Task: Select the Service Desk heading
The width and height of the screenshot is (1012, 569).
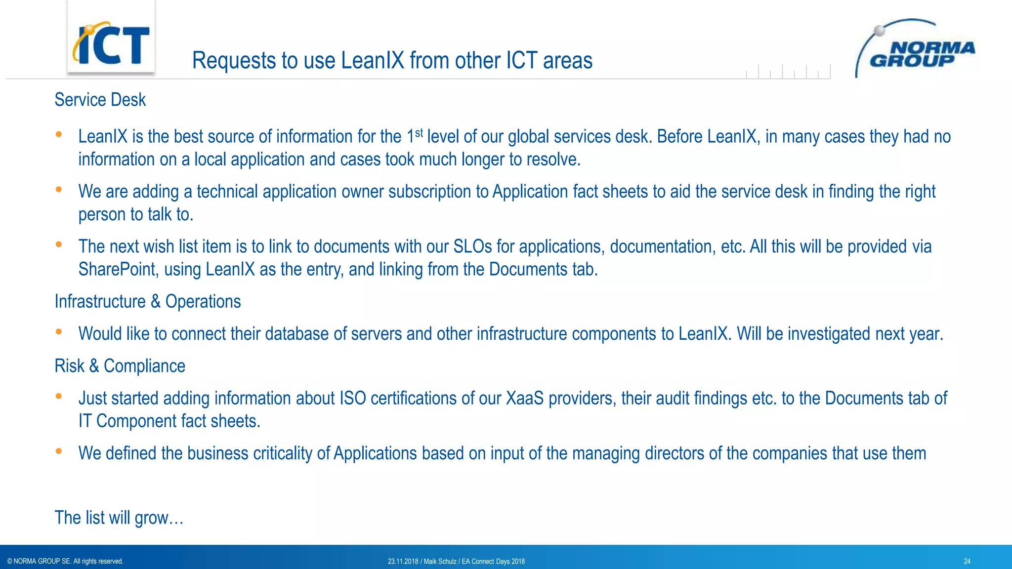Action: pyautogui.click(x=100, y=100)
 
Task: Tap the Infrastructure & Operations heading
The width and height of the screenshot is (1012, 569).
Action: pyautogui.click(x=148, y=301)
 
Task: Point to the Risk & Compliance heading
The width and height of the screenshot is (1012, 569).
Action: pyautogui.click(x=120, y=366)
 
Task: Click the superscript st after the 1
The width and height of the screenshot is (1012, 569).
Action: pyautogui.click(x=419, y=132)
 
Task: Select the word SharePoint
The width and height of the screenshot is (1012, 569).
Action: pyautogui.click(x=117, y=270)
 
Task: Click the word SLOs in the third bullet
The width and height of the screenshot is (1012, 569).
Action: pyautogui.click(x=472, y=246)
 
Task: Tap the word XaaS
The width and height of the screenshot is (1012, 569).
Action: pyautogui.click(x=524, y=398)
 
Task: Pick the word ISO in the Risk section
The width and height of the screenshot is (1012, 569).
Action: pyautogui.click(x=352, y=398)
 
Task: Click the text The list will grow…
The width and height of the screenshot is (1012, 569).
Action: pyautogui.click(x=119, y=518)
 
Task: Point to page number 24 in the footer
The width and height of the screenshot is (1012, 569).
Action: pyautogui.click(x=967, y=561)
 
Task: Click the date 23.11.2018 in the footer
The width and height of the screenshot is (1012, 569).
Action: pyautogui.click(x=403, y=561)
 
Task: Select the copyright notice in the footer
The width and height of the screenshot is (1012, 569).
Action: pyautogui.click(x=65, y=561)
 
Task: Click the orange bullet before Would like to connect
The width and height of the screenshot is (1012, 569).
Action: pyautogui.click(x=59, y=332)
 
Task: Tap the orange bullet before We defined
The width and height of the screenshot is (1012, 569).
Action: pyautogui.click(x=59, y=451)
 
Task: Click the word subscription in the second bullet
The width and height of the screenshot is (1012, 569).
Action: pyautogui.click(x=429, y=192)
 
